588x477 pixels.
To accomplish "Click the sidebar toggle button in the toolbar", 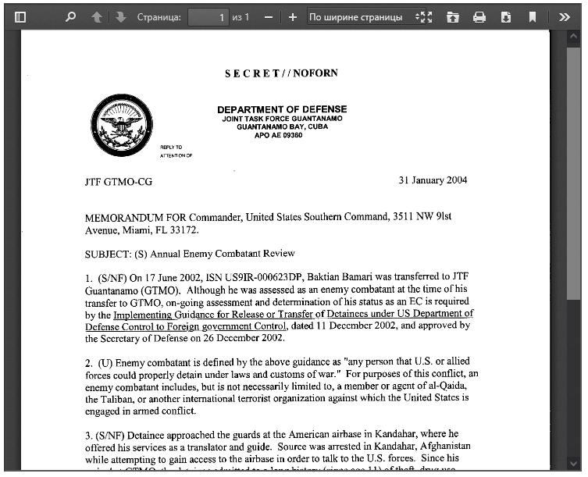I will [x=20, y=16].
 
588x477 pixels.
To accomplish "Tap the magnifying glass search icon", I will [x=70, y=16].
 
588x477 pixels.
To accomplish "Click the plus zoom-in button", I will [x=292, y=16].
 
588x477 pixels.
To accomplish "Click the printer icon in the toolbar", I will [x=479, y=16].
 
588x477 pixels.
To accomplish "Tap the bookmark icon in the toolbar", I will [x=532, y=16].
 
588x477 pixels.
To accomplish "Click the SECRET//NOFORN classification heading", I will [x=282, y=73].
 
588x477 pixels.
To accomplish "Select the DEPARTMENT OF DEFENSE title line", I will [x=282, y=109].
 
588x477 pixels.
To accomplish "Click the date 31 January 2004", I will [x=433, y=180].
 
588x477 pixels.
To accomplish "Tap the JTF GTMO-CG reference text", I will [x=119, y=182].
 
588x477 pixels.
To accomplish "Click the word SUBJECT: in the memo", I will [x=108, y=253].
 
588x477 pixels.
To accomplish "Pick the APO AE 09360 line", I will [x=279, y=135].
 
